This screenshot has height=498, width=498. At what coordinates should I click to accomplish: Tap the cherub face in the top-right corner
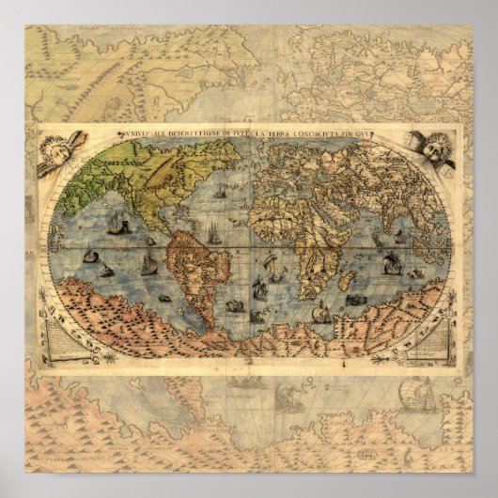pyautogui.click(x=435, y=150)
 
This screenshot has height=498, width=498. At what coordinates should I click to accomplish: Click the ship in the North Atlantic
pyautogui.click(x=220, y=192)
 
